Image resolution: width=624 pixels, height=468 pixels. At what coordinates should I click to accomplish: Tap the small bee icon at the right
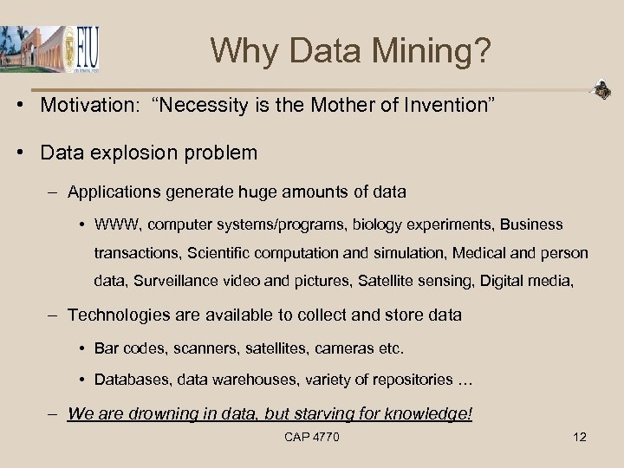pos(601,89)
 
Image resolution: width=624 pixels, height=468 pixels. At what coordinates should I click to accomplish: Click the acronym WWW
pos(116,224)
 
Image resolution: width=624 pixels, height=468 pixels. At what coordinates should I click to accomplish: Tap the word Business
pos(531,224)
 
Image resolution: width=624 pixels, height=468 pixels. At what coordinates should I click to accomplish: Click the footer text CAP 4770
pos(311,437)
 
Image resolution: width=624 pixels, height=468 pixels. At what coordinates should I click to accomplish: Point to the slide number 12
pos(580,437)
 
